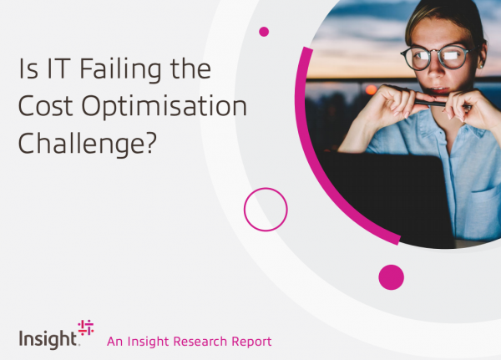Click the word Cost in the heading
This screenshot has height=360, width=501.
tap(46, 106)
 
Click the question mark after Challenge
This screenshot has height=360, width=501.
tap(151, 142)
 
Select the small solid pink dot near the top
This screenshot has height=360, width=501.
tap(264, 32)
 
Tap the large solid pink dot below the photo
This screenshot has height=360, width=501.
tap(391, 277)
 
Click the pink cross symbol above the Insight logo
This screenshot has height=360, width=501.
tap(86, 327)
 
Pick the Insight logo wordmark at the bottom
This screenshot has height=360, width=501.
tap(48, 340)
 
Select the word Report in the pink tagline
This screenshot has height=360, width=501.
tap(252, 342)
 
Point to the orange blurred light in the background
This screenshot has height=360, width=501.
tap(372, 89)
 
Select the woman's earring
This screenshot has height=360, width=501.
tap(479, 67)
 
